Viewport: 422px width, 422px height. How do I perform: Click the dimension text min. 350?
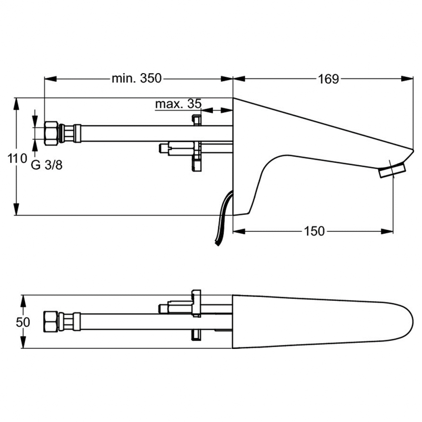click(137, 79)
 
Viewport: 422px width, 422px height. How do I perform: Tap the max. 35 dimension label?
click(178, 104)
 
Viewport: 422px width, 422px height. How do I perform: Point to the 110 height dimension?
click(17, 159)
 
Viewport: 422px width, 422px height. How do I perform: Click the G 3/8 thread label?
click(47, 165)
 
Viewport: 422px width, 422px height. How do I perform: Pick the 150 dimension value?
click(315, 231)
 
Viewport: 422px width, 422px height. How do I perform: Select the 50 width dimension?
click(23, 322)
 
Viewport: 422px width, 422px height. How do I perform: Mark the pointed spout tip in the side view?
click(411, 151)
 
